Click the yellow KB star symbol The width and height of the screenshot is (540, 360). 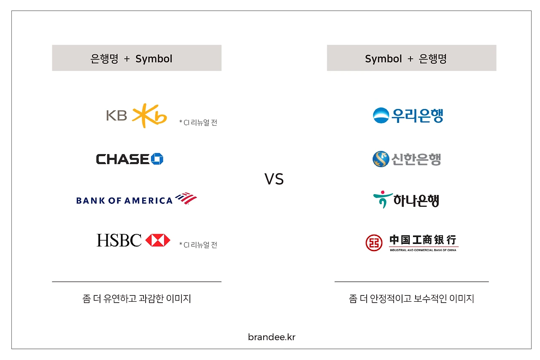click(x=149, y=116)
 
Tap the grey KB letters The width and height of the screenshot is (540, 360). click(x=117, y=115)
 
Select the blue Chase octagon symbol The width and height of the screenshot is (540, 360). click(x=157, y=159)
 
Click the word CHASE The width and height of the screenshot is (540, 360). click(x=123, y=159)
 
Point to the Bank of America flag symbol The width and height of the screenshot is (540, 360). click(x=186, y=198)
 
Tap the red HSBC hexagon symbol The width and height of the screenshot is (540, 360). click(x=158, y=240)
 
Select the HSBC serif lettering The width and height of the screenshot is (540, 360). click(x=119, y=240)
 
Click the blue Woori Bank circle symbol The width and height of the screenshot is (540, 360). click(x=381, y=115)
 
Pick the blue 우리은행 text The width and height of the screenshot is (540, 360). click(x=417, y=116)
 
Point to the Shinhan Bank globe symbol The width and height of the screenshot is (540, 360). click(x=381, y=159)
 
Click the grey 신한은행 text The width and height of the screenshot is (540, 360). click(x=416, y=159)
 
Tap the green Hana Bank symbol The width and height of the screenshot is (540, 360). click(x=383, y=200)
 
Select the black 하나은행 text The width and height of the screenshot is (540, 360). click(x=416, y=200)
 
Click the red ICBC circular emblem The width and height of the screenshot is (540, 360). click(x=374, y=243)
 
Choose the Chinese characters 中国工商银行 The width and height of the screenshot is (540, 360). click(x=423, y=240)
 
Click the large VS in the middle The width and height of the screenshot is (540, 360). click(x=274, y=179)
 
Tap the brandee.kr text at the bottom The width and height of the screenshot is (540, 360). click(x=272, y=337)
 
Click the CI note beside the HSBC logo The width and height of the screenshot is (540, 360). click(x=198, y=245)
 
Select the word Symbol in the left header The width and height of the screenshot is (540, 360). click(x=154, y=59)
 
